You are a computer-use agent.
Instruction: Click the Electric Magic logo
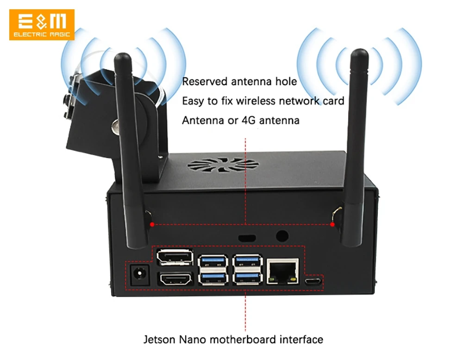[x=42, y=25]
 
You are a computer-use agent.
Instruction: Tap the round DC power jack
[x=139, y=274]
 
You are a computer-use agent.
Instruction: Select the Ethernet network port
[x=282, y=271]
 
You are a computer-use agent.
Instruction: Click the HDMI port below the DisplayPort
[x=175, y=279]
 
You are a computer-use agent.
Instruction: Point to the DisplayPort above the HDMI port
[x=175, y=257]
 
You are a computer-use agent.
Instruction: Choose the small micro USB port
[x=313, y=281]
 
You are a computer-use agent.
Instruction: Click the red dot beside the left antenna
[x=152, y=224]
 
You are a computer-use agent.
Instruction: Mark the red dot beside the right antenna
[x=332, y=224]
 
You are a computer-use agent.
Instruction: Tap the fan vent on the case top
[x=223, y=165]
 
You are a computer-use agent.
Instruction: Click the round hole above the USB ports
[x=282, y=236]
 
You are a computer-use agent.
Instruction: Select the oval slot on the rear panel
[x=247, y=238]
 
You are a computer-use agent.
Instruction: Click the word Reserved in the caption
[x=205, y=82]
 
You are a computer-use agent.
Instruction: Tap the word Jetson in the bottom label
[x=159, y=340]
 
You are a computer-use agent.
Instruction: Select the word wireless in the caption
[x=256, y=101]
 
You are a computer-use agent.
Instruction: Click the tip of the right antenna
[x=359, y=50]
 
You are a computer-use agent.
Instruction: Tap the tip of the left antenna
[x=123, y=54]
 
